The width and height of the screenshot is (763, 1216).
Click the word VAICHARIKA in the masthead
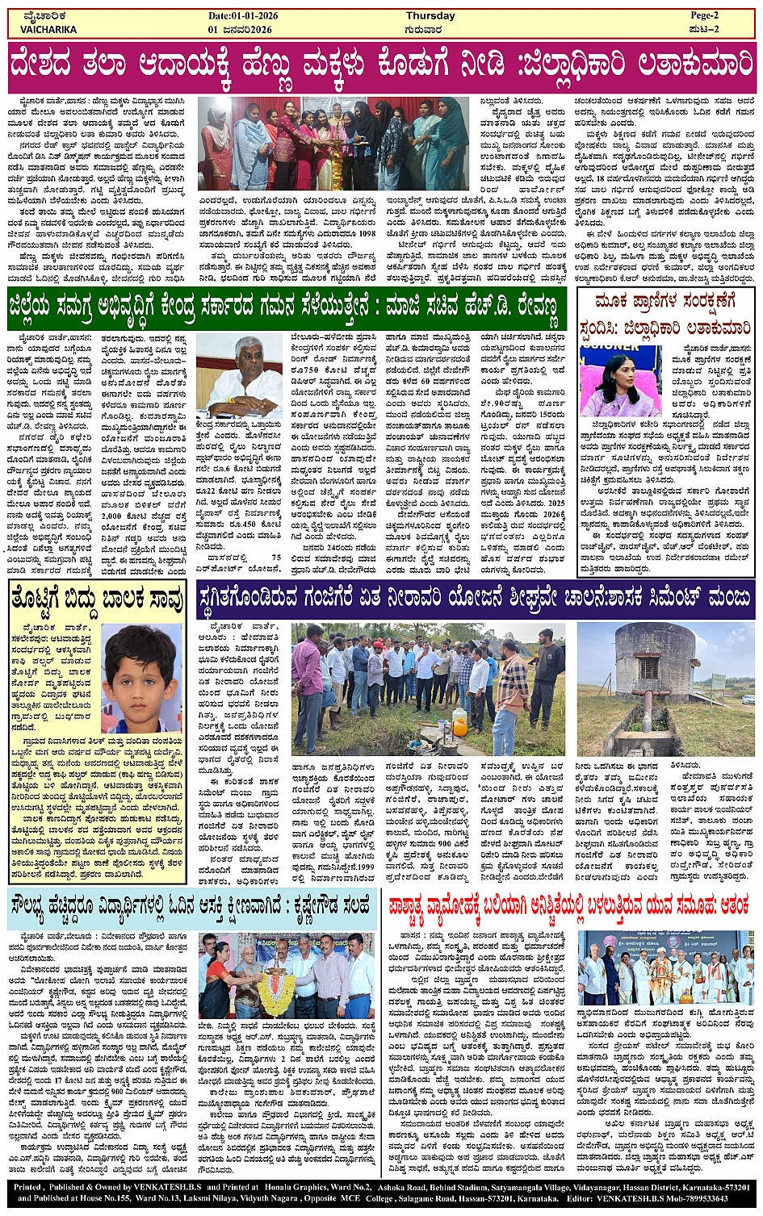pos(48,29)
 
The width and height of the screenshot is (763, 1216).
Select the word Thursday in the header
pos(430,16)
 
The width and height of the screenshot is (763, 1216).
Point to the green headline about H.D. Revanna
pos(284,308)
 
